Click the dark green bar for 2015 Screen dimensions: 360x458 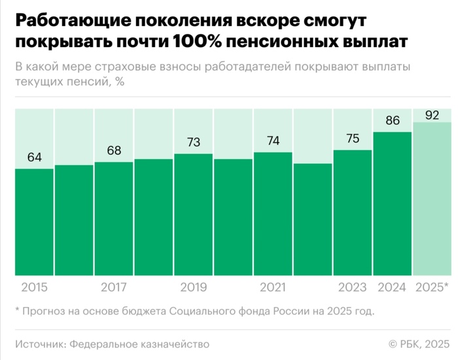(x=34, y=223)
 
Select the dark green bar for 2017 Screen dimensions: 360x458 (x=114, y=219)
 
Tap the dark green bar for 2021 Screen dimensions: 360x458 (x=273, y=214)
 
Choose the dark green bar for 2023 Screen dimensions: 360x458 (x=353, y=213)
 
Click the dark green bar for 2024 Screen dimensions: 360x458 (x=393, y=204)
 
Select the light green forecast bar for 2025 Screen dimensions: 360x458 (x=432, y=199)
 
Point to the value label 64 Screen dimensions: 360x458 (x=34, y=158)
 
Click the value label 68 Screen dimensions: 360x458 (x=114, y=151)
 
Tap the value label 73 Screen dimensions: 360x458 (x=194, y=142)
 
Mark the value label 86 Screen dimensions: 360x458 (x=393, y=120)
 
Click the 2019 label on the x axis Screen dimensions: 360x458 (x=194, y=287)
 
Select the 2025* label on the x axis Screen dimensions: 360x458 (x=432, y=287)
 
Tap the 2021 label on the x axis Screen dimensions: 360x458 (x=273, y=287)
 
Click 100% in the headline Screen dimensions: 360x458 (x=203, y=41)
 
